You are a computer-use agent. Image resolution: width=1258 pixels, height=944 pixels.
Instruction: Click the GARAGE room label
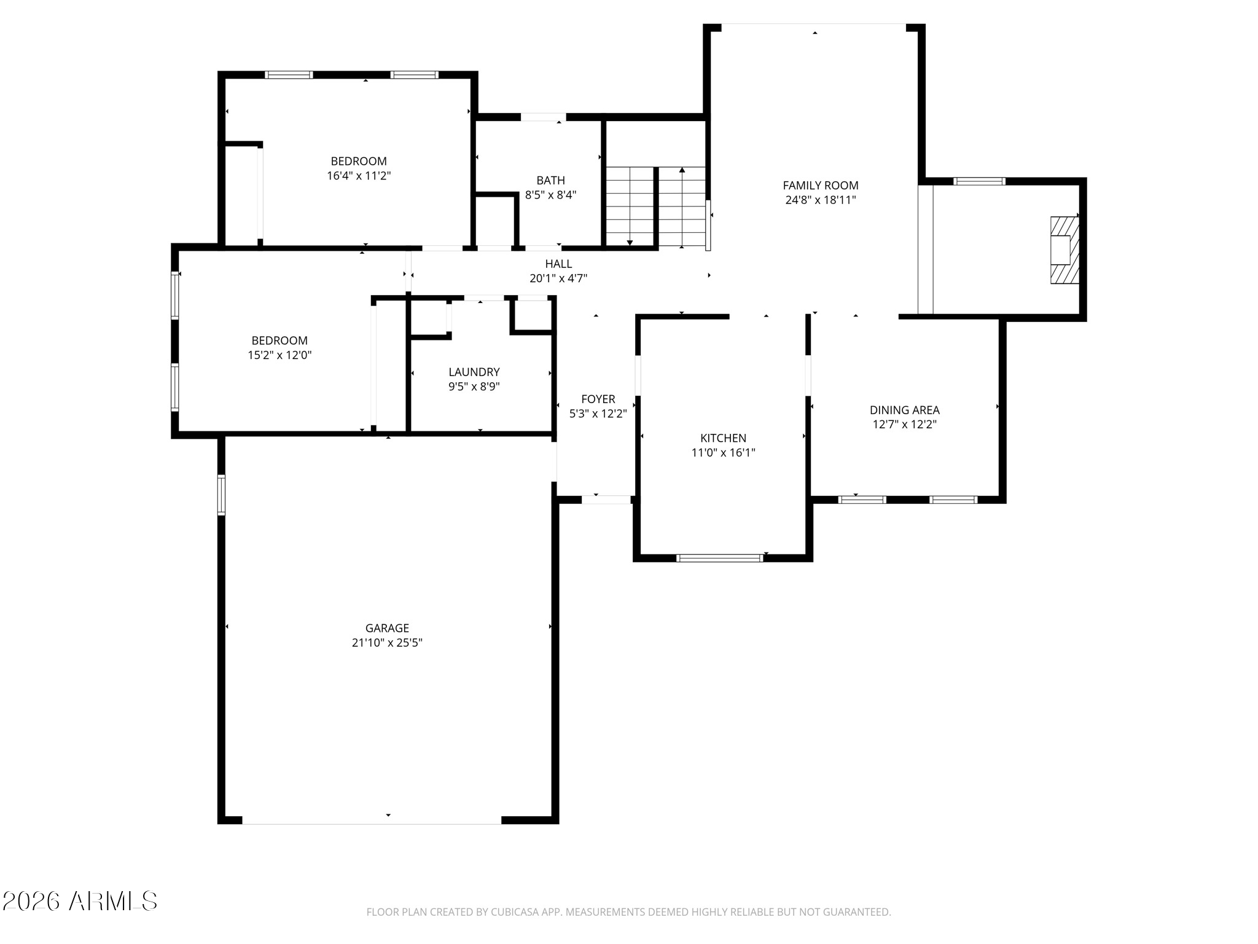[387, 628]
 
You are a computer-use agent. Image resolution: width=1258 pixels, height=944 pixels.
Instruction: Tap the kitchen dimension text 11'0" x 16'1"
[723, 453]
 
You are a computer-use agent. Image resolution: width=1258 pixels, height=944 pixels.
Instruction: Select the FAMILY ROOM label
[820, 186]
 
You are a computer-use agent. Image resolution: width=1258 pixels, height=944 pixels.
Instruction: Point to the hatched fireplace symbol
[1064, 250]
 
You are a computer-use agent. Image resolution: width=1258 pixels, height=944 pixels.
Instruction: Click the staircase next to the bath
[655, 206]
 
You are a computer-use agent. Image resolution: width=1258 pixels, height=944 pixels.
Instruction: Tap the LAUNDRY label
[474, 372]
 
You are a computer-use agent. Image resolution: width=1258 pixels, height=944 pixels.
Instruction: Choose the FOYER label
[598, 399]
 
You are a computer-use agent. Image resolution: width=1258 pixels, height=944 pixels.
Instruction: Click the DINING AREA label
[904, 410]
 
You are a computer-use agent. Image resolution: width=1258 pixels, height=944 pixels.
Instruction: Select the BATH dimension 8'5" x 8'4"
[550, 195]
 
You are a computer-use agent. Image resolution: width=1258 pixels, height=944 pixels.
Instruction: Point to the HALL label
[558, 264]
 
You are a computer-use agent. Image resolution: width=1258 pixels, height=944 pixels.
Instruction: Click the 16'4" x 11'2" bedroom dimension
[359, 176]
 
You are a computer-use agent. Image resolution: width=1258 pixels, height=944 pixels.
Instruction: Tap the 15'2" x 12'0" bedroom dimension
[279, 355]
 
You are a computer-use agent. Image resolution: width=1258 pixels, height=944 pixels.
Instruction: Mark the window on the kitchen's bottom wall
[719, 558]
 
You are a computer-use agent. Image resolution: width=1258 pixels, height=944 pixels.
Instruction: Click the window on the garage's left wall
[222, 495]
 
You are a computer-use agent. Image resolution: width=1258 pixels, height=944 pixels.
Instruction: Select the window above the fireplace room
[979, 181]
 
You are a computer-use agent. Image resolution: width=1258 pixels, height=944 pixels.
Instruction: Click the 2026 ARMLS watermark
[80, 902]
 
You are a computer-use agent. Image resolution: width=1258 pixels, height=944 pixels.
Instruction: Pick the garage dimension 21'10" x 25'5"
[387, 643]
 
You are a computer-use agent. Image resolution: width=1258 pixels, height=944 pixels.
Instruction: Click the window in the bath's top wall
[543, 117]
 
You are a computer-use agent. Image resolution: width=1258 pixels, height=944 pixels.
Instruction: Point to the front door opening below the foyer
[606, 500]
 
